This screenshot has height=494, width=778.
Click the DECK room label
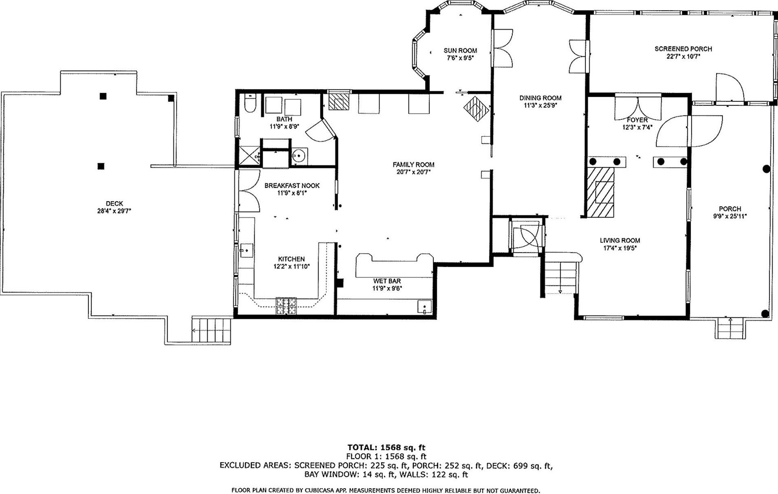[114, 204]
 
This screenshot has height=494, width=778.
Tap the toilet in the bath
[250, 103]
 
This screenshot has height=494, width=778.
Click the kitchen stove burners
[286, 306]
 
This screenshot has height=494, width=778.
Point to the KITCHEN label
[291, 259]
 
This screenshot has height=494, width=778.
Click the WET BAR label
[387, 281]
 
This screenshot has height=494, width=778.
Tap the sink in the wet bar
[424, 307]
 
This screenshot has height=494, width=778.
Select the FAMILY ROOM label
[413, 165]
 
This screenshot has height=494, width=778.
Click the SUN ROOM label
[460, 50]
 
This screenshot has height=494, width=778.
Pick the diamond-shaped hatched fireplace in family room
[476, 108]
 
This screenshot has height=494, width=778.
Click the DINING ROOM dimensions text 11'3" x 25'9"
[540, 105]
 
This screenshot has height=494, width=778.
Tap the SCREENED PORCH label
[683, 49]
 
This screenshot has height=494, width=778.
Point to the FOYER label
[637, 120]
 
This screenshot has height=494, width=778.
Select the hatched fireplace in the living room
[600, 192]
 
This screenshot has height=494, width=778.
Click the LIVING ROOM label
[620, 240]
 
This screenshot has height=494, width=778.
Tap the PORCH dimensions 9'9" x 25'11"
[730, 216]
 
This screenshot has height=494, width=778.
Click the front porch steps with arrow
[731, 328]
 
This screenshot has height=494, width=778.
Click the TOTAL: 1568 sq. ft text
[386, 448]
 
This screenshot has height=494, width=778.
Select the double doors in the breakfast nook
[248, 190]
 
